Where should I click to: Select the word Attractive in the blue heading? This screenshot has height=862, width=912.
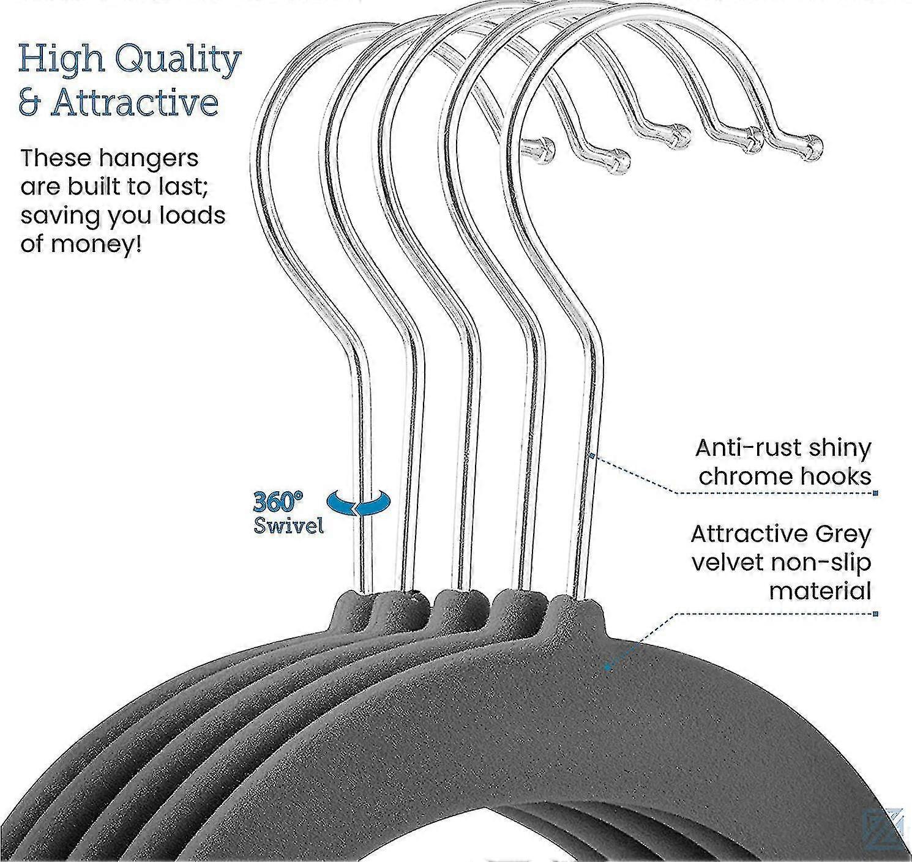[135, 103]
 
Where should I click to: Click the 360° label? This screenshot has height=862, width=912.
[278, 502]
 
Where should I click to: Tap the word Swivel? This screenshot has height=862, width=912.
[288, 526]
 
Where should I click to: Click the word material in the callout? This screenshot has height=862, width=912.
[820, 591]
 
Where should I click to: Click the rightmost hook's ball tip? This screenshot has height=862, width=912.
[813, 146]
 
